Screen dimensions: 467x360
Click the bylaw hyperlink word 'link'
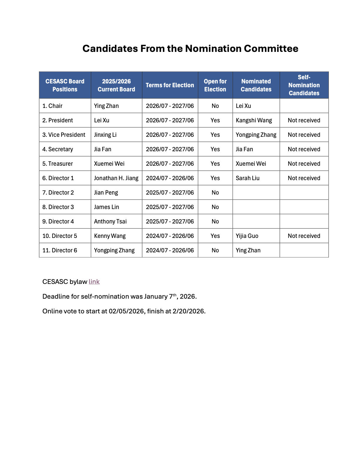[x=94, y=282]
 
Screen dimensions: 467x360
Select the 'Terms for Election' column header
[x=170, y=85]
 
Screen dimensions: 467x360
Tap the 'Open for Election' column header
[x=215, y=85]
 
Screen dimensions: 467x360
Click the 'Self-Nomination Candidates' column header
[x=304, y=85]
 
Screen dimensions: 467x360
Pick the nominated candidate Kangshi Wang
[x=254, y=120]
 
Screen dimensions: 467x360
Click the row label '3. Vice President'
[x=64, y=135]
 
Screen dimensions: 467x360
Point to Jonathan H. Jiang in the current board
[x=116, y=178]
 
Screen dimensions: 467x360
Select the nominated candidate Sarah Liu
[x=248, y=178]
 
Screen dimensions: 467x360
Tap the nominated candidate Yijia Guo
[x=247, y=236]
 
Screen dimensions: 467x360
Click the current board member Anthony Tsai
[x=110, y=221]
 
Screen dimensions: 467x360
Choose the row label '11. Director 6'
[x=60, y=250]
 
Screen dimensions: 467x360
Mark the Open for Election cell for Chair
[x=215, y=106]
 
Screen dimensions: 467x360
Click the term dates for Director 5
[x=170, y=236]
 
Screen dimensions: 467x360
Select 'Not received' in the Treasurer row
[x=304, y=164]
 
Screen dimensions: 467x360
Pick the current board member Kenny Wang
[x=110, y=236]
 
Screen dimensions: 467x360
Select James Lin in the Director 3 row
[x=106, y=207]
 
